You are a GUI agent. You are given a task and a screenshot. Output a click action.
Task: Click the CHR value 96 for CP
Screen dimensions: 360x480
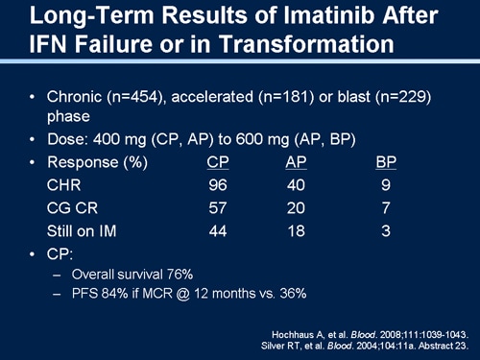218,186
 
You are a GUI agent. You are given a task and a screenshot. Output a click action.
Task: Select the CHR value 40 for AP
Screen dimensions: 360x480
297,186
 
